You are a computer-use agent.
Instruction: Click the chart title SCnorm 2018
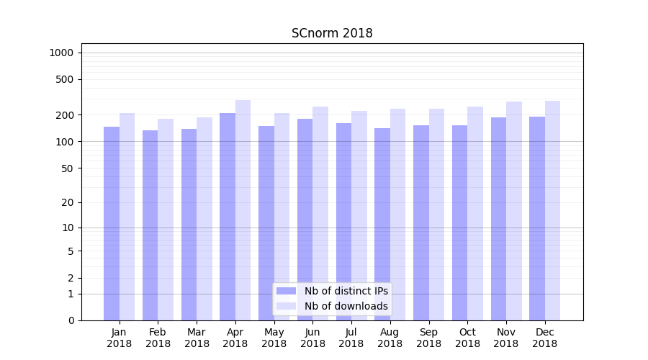[x=332, y=33]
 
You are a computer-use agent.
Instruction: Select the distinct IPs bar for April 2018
[x=228, y=216]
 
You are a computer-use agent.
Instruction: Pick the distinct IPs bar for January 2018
[x=112, y=223]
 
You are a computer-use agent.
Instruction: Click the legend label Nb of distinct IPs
[x=346, y=291]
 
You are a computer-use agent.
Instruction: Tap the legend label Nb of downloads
[x=346, y=306]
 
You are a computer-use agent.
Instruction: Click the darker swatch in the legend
[x=287, y=291]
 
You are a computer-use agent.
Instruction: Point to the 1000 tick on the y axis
[x=61, y=53]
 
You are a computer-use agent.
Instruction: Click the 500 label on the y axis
[x=65, y=79]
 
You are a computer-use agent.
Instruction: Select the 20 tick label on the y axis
[x=68, y=202]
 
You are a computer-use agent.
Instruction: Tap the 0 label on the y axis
[x=71, y=320]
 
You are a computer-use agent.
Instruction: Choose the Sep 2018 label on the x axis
[x=428, y=338]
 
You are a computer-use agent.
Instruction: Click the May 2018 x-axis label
[x=274, y=338]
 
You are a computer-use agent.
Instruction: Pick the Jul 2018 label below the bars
[x=351, y=338]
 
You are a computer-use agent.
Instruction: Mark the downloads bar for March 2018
[x=204, y=219]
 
